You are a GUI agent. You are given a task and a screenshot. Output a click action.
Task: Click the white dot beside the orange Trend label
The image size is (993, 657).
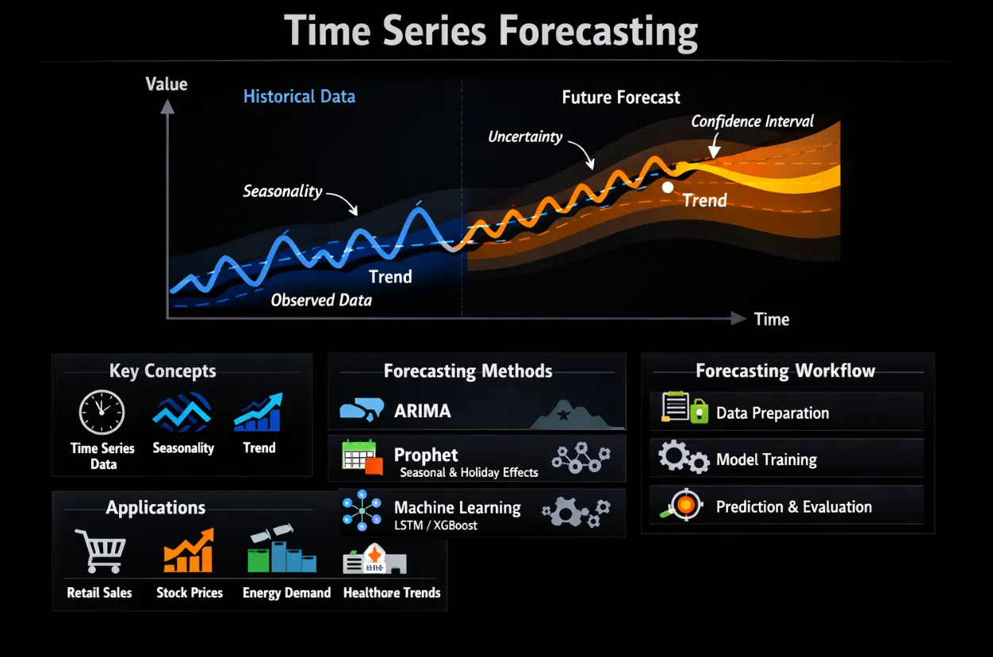668,187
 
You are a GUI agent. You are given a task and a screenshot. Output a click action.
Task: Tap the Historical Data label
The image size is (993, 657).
299,96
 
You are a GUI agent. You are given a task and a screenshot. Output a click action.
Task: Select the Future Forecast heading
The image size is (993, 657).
620,97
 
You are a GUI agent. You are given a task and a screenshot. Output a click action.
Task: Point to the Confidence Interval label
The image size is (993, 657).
753,121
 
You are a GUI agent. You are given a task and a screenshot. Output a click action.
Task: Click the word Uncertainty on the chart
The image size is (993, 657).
525,136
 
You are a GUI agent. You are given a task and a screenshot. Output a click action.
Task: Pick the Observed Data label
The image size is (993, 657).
321,300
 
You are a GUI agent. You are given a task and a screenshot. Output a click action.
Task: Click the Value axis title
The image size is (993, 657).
167,84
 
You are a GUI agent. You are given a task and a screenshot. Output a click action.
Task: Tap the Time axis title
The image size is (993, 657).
772,320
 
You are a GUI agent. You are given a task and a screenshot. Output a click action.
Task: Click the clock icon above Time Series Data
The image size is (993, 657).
102,412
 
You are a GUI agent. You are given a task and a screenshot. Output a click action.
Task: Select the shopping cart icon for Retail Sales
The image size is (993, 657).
101,551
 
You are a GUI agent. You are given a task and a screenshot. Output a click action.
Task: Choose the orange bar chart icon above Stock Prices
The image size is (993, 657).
189,550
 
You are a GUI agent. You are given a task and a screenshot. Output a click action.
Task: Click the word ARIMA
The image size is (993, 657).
423,411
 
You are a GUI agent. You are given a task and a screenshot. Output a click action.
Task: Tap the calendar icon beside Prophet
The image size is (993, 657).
362,457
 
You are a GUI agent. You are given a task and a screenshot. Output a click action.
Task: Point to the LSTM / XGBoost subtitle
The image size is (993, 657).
435,525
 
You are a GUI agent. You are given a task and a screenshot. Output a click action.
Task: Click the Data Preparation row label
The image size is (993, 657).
773,413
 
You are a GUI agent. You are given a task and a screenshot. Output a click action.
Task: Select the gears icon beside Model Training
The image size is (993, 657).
683,457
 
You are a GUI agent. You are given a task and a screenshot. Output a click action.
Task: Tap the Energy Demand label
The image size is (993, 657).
286,593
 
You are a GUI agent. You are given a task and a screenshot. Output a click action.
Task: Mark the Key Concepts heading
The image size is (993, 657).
163,371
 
